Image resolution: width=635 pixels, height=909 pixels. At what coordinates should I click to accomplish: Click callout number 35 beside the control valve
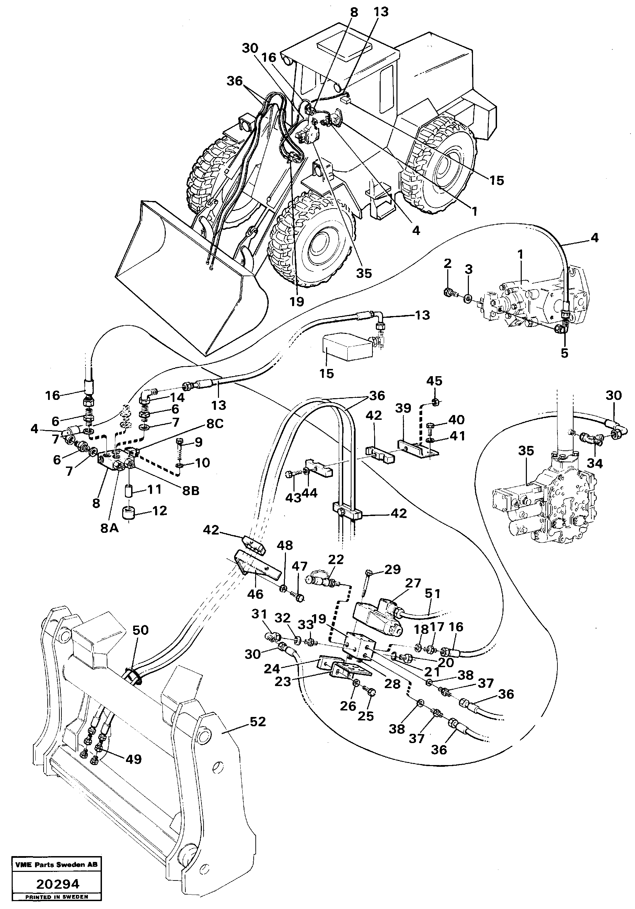[526, 450]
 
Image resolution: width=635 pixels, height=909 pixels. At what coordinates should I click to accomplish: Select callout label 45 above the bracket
[434, 381]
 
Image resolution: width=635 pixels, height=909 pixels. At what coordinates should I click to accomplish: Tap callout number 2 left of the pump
[447, 264]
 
